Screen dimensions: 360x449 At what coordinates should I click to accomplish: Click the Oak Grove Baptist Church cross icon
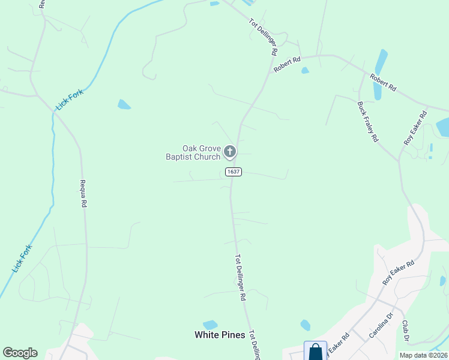tap(230, 152)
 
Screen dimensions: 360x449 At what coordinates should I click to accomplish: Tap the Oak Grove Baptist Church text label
tap(193, 153)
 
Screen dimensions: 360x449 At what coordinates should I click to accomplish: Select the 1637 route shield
tap(234, 172)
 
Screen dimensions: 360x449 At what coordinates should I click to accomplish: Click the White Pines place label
tap(220, 335)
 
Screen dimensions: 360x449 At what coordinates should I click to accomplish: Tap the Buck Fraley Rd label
tap(367, 121)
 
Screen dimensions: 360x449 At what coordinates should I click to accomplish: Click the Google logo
tap(20, 353)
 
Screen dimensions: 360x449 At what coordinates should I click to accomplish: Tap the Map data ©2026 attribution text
tap(423, 355)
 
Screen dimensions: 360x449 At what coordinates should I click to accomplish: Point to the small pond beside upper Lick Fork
tap(124, 104)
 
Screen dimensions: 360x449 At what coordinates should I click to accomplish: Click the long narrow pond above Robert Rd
tap(379, 73)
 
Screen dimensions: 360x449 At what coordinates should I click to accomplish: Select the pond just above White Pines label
tap(209, 325)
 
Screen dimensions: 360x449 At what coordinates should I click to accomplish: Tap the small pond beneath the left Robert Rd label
tap(305, 71)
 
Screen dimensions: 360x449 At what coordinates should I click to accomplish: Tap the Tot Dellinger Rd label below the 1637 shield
tap(240, 277)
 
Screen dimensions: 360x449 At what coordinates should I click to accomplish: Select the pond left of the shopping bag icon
tap(305, 325)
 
